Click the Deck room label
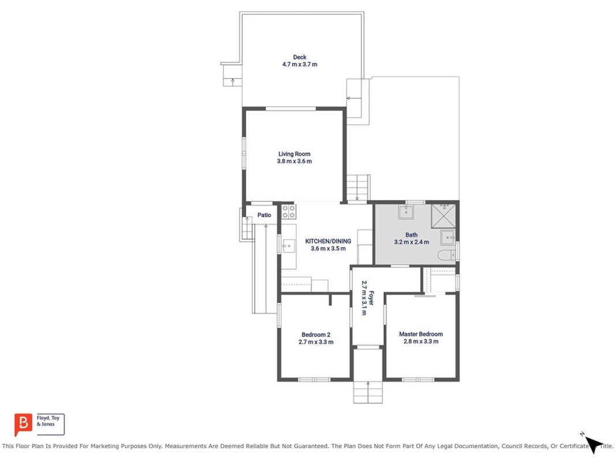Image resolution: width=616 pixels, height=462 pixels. (300, 57)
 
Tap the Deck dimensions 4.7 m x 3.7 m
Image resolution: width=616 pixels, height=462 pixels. (300, 65)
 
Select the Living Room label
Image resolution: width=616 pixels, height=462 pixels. (294, 154)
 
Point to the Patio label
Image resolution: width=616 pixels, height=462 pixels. (264, 215)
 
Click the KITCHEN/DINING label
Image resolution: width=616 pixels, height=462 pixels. (328, 241)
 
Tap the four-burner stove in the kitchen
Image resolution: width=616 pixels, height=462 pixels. (289, 211)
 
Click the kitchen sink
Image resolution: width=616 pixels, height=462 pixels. (288, 246)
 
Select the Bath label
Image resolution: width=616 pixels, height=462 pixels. (411, 235)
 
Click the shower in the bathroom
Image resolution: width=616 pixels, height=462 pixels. (443, 215)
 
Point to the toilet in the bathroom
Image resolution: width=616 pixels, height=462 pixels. (447, 255)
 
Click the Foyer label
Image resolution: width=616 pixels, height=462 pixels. (371, 297)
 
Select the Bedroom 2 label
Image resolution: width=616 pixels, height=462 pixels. (316, 335)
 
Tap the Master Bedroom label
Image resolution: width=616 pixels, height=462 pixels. (421, 334)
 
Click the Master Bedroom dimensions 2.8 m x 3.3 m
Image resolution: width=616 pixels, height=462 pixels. (421, 341)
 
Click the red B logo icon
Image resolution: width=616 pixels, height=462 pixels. (23, 424)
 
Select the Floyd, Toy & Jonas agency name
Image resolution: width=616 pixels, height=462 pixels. (48, 421)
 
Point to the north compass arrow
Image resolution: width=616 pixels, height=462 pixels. (593, 444)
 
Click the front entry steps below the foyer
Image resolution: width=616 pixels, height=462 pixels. (368, 392)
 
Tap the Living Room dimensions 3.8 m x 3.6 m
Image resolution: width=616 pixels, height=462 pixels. (294, 162)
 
